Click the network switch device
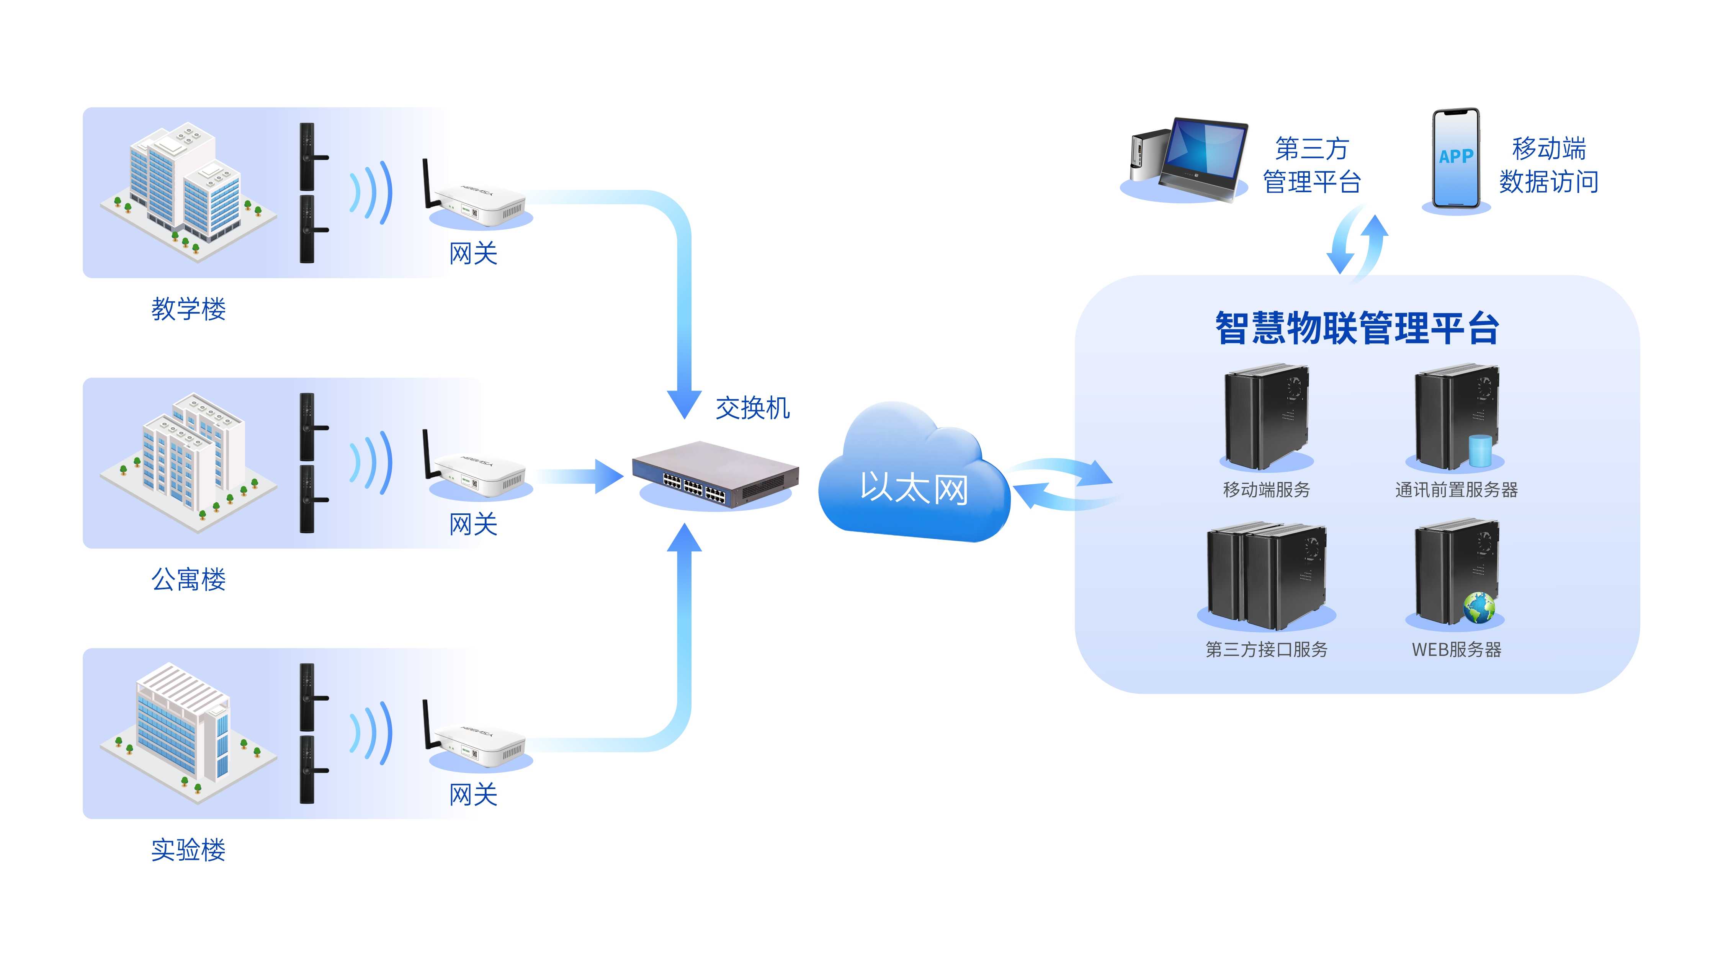tap(715, 475)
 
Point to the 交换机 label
tap(752, 408)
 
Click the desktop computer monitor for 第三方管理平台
tap(1204, 155)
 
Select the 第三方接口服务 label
tap(1266, 649)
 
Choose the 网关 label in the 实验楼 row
tap(473, 794)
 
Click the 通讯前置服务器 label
tap(1456, 490)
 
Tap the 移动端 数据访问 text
tap(1548, 165)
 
